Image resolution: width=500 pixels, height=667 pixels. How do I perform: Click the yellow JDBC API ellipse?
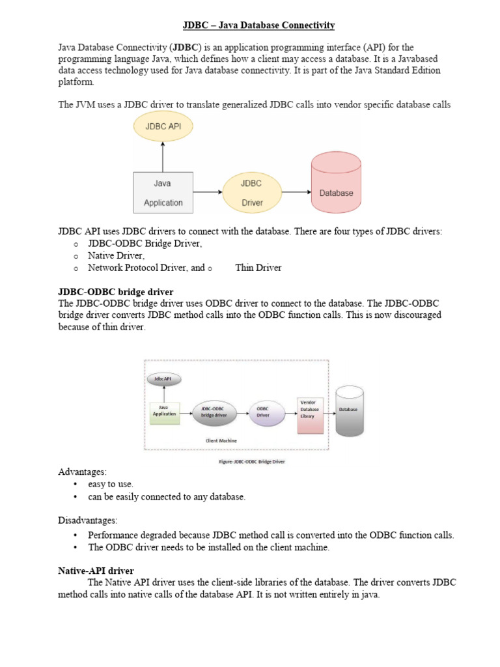pos(163,128)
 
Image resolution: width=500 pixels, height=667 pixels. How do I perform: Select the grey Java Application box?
pos(163,193)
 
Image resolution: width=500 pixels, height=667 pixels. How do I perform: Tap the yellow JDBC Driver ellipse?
pos(252,193)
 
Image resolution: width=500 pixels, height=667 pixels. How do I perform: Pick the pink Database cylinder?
pos(337,183)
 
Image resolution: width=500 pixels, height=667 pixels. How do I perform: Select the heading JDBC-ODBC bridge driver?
pos(115,291)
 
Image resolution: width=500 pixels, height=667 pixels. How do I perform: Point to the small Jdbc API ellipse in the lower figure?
pos(164,378)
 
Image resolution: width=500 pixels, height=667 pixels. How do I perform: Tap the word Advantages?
pos(81,471)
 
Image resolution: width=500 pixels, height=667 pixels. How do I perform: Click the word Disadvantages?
pos(89,520)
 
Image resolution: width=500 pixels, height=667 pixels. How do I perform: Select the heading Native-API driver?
pos(96,571)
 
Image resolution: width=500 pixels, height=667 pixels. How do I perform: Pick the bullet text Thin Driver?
pos(258,268)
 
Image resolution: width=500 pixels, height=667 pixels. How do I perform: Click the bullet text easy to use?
pos(112,484)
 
